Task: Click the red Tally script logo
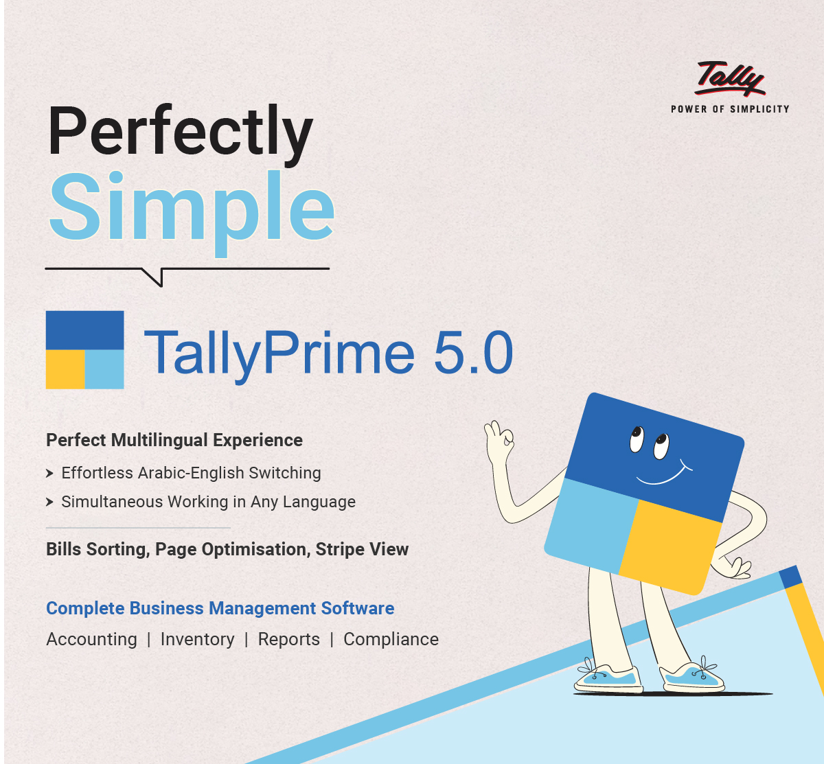point(730,78)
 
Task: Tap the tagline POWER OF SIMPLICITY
point(730,109)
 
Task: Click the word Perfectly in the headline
point(180,134)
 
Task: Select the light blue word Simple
point(192,210)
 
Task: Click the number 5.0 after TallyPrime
point(473,353)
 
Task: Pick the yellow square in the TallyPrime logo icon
point(65,369)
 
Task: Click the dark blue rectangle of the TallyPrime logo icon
point(84,330)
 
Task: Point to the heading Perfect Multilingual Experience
point(174,440)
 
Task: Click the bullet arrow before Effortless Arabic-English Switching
point(49,473)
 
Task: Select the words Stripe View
point(362,549)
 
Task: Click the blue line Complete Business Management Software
point(220,608)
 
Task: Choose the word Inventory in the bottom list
point(198,639)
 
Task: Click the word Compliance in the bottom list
point(391,639)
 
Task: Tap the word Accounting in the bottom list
point(92,639)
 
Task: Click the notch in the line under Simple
point(156,277)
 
